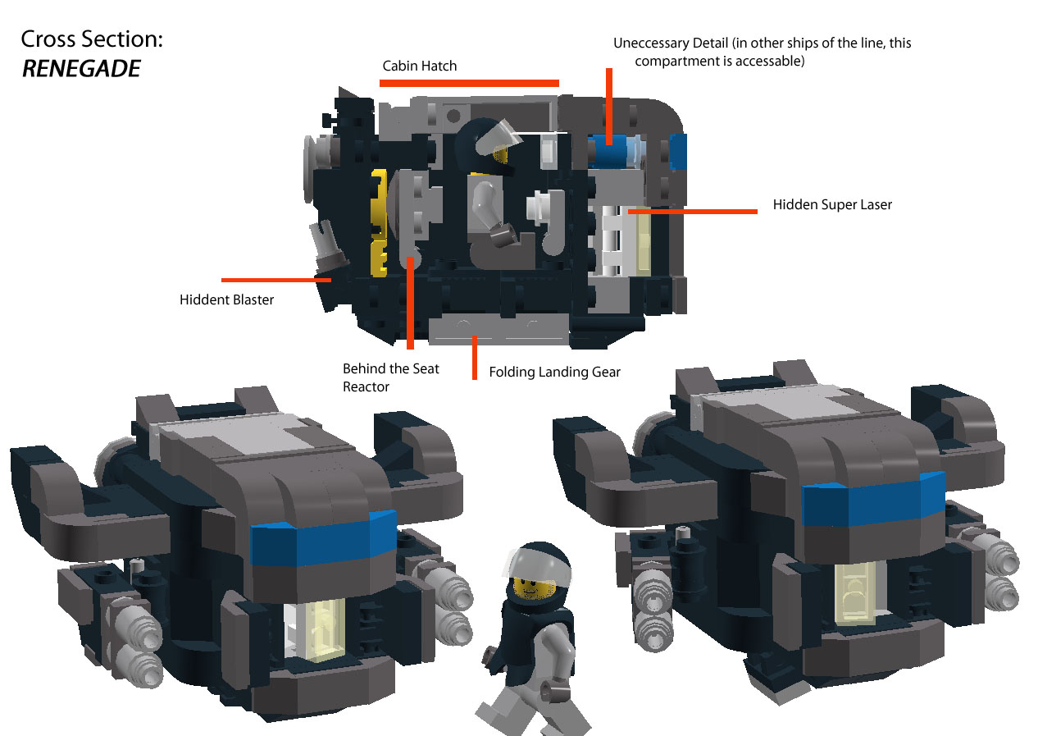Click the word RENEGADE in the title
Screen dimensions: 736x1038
(x=81, y=69)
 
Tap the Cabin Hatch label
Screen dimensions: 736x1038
(x=419, y=66)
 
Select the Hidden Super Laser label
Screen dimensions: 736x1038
(x=831, y=204)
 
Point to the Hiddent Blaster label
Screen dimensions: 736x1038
(x=226, y=299)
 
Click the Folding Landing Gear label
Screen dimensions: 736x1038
(x=554, y=372)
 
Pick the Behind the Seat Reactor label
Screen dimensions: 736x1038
(x=390, y=377)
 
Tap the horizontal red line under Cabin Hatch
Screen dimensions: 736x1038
(x=469, y=83)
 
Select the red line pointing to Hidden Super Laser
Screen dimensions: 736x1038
(x=694, y=212)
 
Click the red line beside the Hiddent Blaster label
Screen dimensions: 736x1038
(x=275, y=280)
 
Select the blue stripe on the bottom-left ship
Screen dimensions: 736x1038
(x=324, y=538)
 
